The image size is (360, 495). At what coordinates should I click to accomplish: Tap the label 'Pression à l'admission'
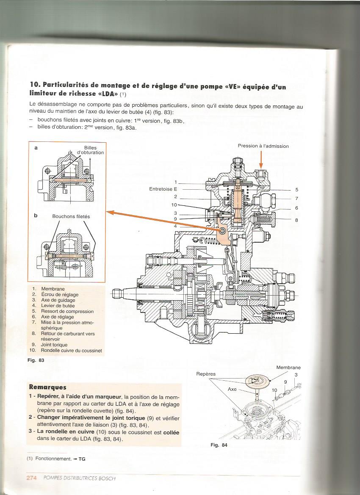[263, 146]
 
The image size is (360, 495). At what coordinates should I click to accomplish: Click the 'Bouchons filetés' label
[71, 216]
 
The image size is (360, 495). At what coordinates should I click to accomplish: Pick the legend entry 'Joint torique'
[54, 345]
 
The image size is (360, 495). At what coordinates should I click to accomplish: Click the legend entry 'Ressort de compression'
[61, 311]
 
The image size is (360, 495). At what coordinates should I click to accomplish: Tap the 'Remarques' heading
[47, 387]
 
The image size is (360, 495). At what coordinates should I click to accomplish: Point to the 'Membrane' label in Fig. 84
[288, 368]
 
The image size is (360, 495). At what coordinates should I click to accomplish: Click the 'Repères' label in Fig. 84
[206, 374]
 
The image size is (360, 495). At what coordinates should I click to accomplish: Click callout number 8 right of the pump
[297, 220]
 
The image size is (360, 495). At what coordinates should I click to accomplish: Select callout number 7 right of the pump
[297, 198]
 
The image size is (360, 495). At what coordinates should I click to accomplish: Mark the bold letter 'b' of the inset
[36, 216]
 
